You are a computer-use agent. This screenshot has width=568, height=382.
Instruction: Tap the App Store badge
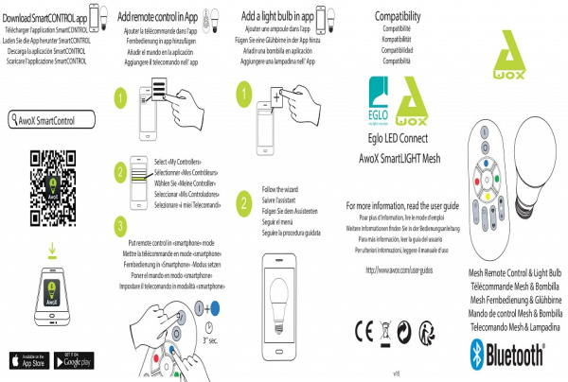pyautogui.click(x=28, y=360)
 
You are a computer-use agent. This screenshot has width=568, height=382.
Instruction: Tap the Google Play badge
pyautogui.click(x=78, y=360)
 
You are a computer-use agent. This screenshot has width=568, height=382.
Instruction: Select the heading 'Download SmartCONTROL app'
pyautogui.click(x=52, y=18)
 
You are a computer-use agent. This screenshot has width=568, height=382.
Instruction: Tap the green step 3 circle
pyautogui.click(x=120, y=224)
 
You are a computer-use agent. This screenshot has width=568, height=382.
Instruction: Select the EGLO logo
pyautogui.click(x=378, y=97)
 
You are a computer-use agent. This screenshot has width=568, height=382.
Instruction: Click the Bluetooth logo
pyautogui.click(x=506, y=356)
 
